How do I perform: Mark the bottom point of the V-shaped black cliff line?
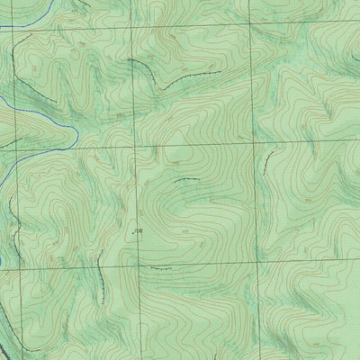coord(163,86)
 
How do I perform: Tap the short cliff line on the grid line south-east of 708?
coord(160,268)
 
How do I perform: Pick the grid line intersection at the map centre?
coord(136,147)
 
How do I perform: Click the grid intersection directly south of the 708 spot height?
coord(138,267)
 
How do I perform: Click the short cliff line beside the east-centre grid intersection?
coord(267,160)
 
